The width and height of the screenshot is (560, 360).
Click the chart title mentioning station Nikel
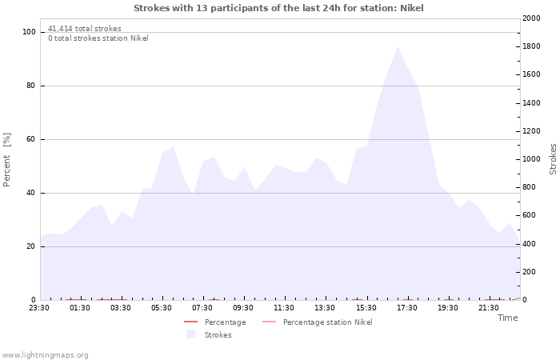[x=278, y=8]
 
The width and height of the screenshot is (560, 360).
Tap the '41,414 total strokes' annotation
[x=85, y=29]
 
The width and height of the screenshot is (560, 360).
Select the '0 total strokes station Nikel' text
[x=98, y=38]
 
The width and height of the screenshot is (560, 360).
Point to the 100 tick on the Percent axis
[x=29, y=32]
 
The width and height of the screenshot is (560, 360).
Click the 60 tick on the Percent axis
[x=30, y=139]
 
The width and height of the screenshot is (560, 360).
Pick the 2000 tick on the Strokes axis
[x=531, y=18]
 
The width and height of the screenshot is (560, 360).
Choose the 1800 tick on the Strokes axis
[x=531, y=46]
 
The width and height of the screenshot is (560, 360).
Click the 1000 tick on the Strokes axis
[x=531, y=159]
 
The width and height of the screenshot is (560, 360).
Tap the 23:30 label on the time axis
[x=39, y=308]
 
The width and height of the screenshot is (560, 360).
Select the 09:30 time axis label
[x=243, y=308]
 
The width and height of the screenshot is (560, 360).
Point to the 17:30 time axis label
[x=406, y=308]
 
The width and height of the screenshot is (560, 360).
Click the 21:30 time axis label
[x=489, y=308]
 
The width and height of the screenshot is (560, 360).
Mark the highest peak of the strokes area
[x=398, y=46]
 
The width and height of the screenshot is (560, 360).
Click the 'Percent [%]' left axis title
[x=6, y=160]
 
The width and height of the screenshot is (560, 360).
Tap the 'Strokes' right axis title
[x=553, y=159]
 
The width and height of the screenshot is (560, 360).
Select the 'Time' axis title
[x=507, y=318]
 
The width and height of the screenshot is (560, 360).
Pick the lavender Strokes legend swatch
[x=190, y=334]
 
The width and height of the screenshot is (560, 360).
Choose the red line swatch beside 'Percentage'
[x=190, y=322]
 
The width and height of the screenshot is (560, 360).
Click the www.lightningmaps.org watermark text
[x=45, y=355]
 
